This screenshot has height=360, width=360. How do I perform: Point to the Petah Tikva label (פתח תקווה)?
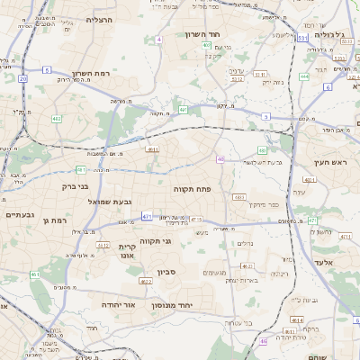click(x=193, y=190)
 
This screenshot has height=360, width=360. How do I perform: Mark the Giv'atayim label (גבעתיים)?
click(x=19, y=215)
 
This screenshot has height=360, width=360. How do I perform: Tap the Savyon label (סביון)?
click(x=168, y=271)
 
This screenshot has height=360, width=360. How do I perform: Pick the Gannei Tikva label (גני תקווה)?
click(x=156, y=241)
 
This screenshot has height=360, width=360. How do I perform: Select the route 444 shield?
click(x=304, y=77)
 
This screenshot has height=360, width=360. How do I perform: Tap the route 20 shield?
click(x=23, y=78)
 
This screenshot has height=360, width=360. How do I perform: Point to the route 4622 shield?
click(x=146, y=282)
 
